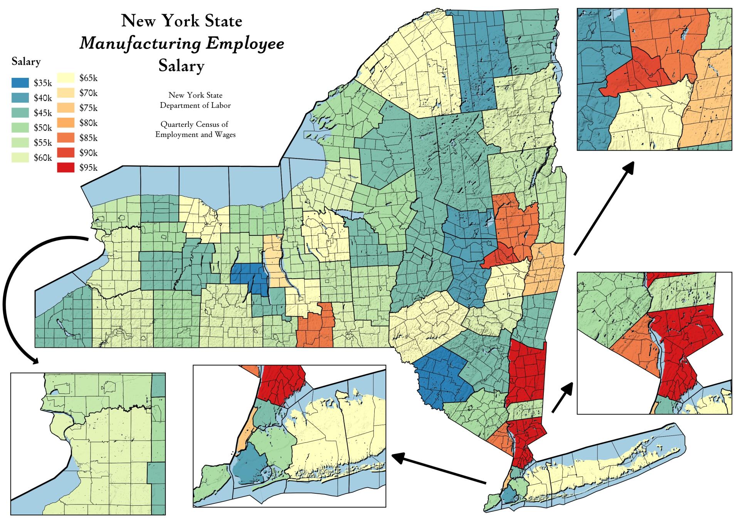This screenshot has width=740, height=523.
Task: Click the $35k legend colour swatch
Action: (20, 83)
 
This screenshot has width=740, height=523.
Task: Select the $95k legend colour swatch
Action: (66, 168)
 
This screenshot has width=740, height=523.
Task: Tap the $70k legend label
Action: (88, 93)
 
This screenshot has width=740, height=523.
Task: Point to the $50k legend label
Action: (43, 128)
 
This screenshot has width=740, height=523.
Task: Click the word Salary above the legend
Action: (26, 62)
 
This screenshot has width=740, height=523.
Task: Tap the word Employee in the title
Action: (245, 43)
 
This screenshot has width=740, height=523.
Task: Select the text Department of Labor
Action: (195, 105)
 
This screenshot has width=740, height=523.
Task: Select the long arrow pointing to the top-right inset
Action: (603, 208)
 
